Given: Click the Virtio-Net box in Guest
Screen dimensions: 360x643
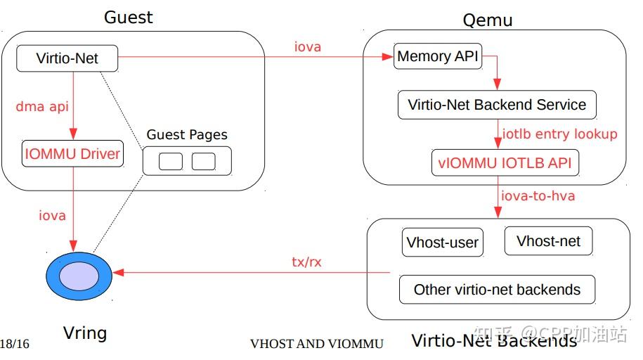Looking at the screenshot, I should click(67, 58).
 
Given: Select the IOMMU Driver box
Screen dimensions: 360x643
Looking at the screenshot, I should click(73, 154).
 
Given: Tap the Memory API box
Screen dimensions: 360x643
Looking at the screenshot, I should click(439, 57).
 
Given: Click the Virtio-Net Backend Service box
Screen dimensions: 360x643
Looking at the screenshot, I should click(497, 105).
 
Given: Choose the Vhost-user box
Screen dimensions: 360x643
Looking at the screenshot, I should click(442, 243).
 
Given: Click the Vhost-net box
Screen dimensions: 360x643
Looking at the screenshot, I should click(548, 241).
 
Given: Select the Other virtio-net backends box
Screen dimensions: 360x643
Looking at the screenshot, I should click(497, 289).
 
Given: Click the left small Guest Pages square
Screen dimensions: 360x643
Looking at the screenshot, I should click(170, 162).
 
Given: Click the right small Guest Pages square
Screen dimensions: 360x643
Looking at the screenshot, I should click(203, 162).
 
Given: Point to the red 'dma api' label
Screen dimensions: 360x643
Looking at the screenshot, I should click(44, 107).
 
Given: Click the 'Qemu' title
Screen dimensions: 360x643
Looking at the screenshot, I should click(487, 20).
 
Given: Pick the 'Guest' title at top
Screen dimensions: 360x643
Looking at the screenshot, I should click(129, 17).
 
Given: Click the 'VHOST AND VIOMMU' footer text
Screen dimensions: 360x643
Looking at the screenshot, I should click(316, 344).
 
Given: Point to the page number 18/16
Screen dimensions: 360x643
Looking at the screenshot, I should click(14, 344).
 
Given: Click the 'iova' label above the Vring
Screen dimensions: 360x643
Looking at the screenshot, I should click(52, 215).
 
